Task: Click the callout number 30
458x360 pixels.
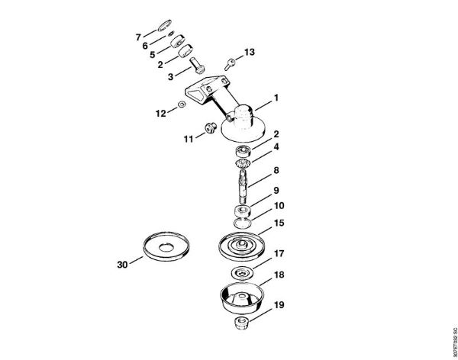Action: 123,265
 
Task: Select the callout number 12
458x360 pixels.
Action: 161,113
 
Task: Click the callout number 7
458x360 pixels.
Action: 138,37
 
